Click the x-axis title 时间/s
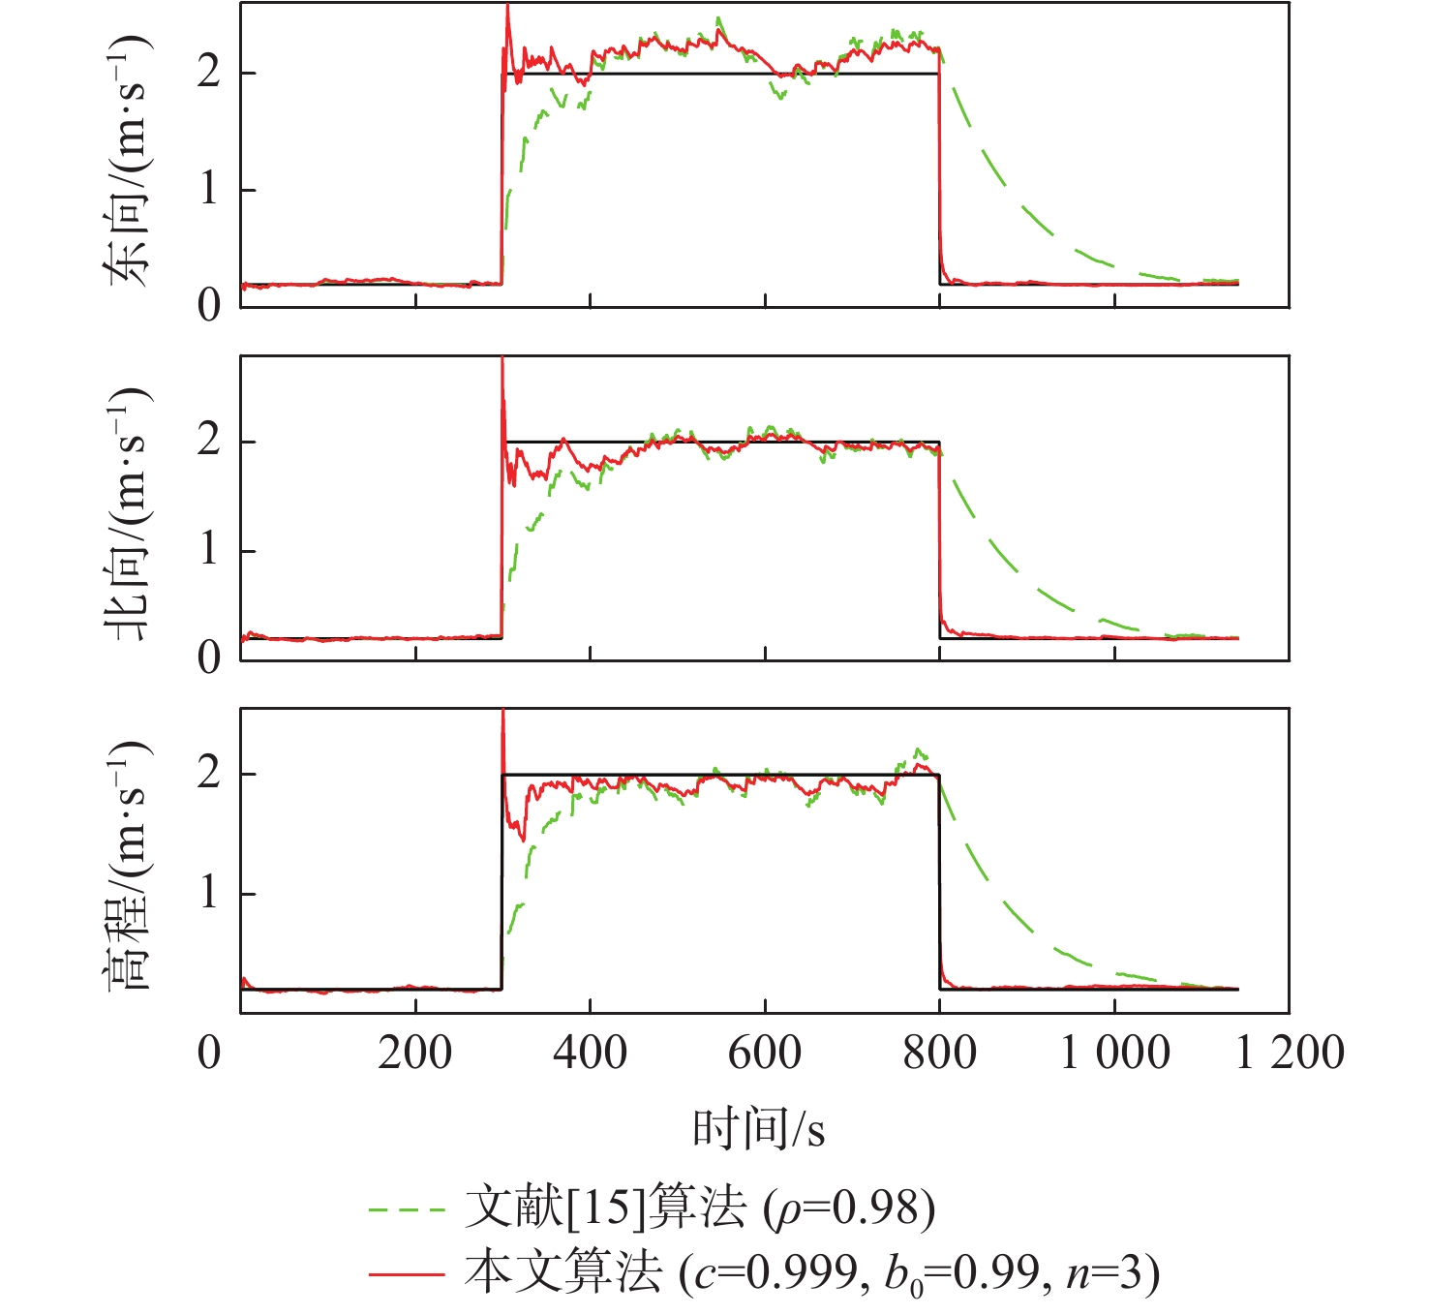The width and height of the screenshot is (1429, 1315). pyautogui.click(x=758, y=1128)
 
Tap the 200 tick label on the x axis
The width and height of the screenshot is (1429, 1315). pyautogui.click(x=414, y=1053)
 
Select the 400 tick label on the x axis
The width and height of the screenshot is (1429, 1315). pyautogui.click(x=590, y=1053)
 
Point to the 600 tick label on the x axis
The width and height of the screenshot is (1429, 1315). pyautogui.click(x=765, y=1053)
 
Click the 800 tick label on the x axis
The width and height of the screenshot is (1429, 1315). pyautogui.click(x=939, y=1053)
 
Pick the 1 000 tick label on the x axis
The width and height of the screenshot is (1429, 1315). pyautogui.click(x=1114, y=1053)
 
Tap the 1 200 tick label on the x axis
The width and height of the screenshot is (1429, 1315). pyautogui.click(x=1290, y=1053)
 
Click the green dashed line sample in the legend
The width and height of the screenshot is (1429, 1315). pyautogui.click(x=407, y=1209)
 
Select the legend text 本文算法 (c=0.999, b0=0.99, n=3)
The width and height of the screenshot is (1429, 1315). pyautogui.click(x=811, y=1272)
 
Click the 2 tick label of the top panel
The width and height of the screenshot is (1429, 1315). pyautogui.click(x=209, y=74)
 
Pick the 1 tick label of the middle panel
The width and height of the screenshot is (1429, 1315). pyautogui.click(x=209, y=551)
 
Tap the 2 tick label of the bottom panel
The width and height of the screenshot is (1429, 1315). pyautogui.click(x=209, y=775)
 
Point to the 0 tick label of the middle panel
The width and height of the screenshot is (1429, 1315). pyautogui.click(x=209, y=658)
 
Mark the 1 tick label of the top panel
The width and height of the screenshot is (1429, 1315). pyautogui.click(x=209, y=190)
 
